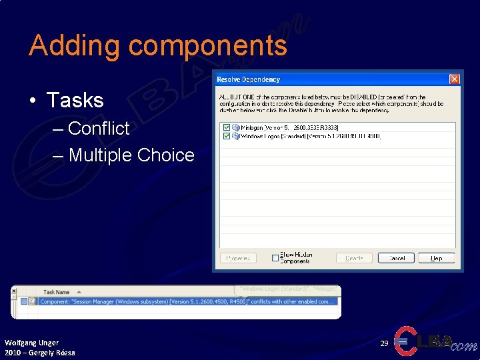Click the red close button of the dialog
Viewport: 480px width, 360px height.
pyautogui.click(x=454, y=79)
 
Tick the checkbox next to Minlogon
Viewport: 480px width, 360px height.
pyautogui.click(x=227, y=127)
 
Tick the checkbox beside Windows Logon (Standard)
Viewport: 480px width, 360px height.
pyautogui.click(x=227, y=136)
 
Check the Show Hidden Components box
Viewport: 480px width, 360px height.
pyautogui.click(x=275, y=258)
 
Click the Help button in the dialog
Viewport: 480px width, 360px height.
pyautogui.click(x=436, y=258)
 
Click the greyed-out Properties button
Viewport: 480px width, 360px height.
pyautogui.click(x=238, y=258)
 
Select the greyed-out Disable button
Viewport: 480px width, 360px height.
pyautogui.click(x=354, y=258)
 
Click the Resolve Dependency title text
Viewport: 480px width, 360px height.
pyautogui.click(x=249, y=80)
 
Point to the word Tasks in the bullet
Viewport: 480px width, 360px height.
pyautogui.click(x=75, y=101)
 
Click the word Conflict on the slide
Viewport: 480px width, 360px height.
pyautogui.click(x=99, y=128)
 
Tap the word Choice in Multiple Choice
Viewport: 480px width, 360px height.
pyautogui.click(x=165, y=155)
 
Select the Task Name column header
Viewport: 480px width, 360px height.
pyautogui.click(x=57, y=292)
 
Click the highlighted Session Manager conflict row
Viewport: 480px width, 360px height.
pyautogui.click(x=187, y=301)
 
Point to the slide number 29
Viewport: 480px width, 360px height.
pyautogui.click(x=384, y=343)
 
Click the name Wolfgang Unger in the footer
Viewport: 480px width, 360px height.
pyautogui.click(x=31, y=343)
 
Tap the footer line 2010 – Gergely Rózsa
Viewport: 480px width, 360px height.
pyautogui.click(x=40, y=353)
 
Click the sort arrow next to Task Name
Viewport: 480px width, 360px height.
pyautogui.click(x=79, y=292)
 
